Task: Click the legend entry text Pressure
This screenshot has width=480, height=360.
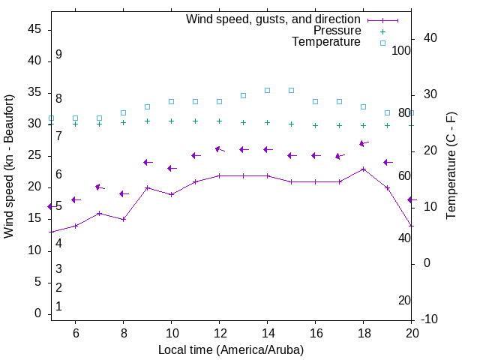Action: (x=337, y=31)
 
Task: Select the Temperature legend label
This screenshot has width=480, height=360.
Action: (x=326, y=42)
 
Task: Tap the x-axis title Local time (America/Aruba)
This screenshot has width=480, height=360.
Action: (x=231, y=349)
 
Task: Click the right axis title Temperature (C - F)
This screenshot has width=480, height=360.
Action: (x=451, y=166)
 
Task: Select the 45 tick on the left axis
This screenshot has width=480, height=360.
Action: (x=34, y=29)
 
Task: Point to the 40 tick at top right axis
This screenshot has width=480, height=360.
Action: (x=430, y=38)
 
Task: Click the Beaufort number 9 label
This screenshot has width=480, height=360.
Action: (x=58, y=55)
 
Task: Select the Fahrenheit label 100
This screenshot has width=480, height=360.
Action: (x=401, y=50)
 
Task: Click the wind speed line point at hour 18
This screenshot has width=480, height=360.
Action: (x=363, y=169)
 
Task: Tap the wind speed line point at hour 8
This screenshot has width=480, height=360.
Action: (x=123, y=219)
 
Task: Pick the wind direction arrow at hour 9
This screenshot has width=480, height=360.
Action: (x=148, y=162)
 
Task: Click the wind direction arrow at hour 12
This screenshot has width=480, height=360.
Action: (x=219, y=149)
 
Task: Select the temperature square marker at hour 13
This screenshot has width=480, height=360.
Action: (x=243, y=95)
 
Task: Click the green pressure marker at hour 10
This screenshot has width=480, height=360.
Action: (x=171, y=121)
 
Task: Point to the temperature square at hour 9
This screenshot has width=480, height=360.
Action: (x=147, y=106)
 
